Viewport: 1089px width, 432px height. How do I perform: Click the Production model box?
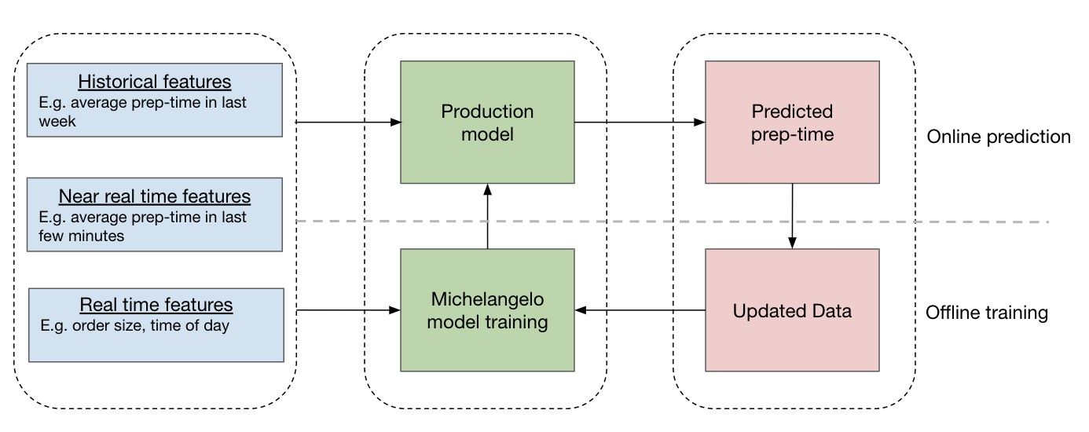(487, 123)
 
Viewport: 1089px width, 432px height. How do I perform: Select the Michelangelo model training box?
(487, 310)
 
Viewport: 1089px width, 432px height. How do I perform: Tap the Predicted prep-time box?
(791, 123)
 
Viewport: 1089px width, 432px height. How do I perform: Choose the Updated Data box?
(791, 310)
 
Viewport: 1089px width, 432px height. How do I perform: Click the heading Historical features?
(155, 82)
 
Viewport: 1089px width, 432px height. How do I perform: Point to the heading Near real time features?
(155, 196)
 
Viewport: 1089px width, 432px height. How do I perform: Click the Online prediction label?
(998, 137)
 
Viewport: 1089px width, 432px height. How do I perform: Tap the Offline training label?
(988, 313)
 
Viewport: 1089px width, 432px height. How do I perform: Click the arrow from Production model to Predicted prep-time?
(640, 123)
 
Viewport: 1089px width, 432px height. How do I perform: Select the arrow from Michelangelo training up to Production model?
(487, 217)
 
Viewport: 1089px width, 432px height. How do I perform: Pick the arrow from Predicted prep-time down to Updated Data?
(791, 217)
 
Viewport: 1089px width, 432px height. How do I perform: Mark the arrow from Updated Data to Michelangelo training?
(640, 310)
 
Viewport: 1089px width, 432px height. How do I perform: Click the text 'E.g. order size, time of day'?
(134, 325)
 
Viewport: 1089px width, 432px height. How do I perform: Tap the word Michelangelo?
(486, 299)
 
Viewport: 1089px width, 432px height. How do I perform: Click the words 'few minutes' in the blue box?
(81, 235)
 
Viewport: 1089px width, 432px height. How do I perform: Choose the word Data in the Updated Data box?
(833, 311)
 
